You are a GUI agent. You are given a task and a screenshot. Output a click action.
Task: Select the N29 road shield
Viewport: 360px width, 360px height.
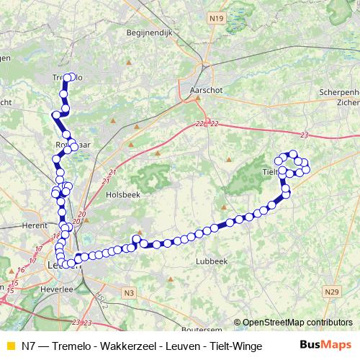click(x=330, y=292)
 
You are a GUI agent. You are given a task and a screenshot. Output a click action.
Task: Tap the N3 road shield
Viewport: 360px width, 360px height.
click(x=129, y=292)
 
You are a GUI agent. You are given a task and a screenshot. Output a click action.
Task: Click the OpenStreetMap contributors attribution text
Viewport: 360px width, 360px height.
click(x=297, y=323)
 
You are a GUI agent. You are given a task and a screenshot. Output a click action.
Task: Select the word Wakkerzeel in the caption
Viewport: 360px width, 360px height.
click(x=120, y=346)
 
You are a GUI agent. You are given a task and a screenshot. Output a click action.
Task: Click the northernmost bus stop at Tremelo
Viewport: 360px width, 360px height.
click(x=69, y=77)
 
